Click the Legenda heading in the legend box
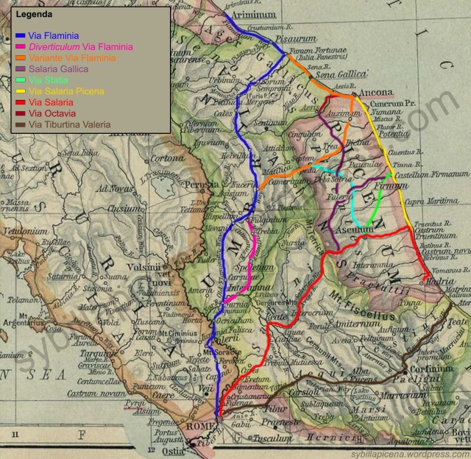(32, 14)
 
